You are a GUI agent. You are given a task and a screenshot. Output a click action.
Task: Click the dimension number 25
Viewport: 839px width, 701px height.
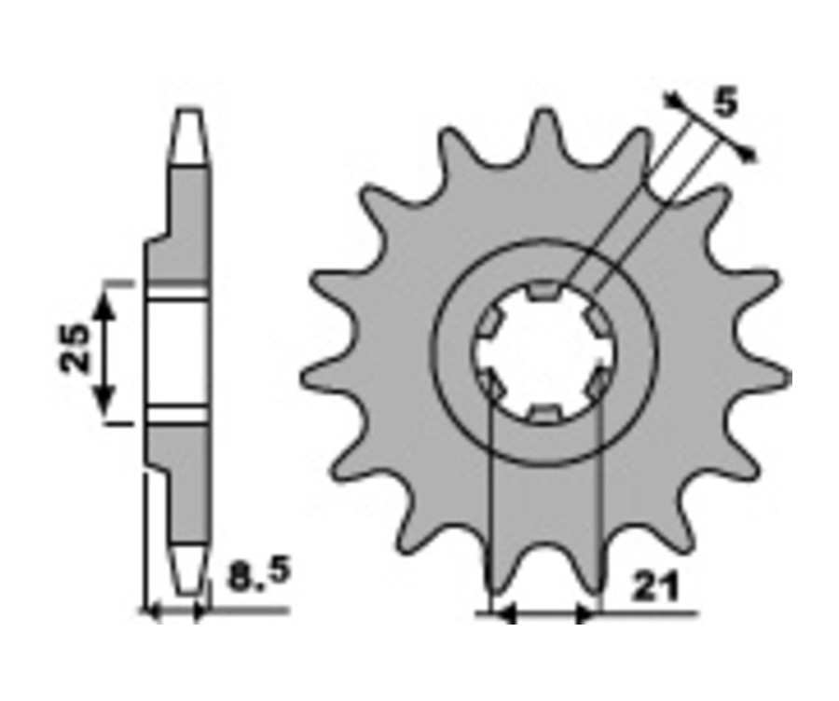click(74, 348)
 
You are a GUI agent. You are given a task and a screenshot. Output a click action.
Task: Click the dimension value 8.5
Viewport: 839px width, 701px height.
click(259, 573)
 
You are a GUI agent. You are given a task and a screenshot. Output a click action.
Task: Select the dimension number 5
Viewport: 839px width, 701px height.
click(726, 103)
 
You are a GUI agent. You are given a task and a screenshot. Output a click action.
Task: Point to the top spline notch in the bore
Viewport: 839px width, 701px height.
click(544, 290)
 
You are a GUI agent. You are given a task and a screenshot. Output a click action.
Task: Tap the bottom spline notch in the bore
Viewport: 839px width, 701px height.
click(544, 414)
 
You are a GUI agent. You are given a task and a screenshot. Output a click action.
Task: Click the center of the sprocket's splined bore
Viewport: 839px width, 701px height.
click(544, 351)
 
